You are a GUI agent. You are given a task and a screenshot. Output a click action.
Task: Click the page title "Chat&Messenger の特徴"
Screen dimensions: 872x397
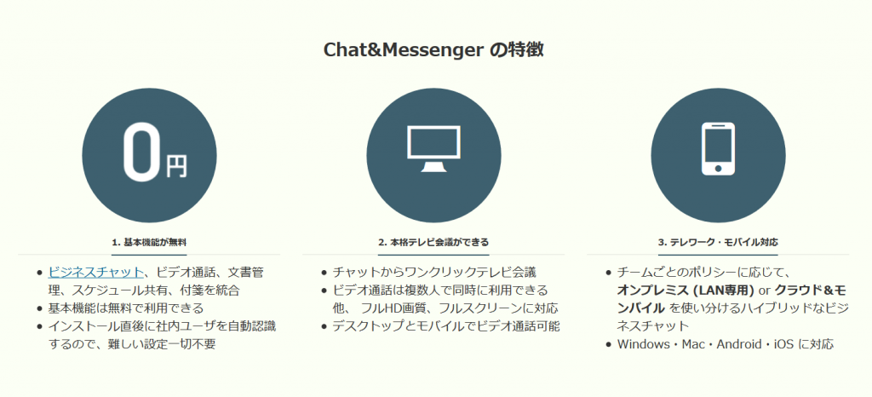(x=433, y=50)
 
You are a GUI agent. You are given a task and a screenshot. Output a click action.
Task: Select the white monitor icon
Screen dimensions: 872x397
(x=433, y=149)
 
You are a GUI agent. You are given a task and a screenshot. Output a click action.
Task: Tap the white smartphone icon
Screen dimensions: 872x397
(x=718, y=149)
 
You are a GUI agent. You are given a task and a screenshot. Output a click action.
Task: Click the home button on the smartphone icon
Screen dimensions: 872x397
(x=718, y=167)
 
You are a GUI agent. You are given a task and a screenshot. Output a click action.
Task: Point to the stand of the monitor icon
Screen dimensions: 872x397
(x=433, y=166)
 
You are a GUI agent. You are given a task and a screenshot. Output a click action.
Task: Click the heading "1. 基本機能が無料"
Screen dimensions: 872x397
(x=148, y=243)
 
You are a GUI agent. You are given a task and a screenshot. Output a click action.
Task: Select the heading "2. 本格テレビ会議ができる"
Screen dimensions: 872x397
(x=433, y=243)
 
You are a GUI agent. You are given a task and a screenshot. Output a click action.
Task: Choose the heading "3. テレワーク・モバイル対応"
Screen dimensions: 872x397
(x=718, y=243)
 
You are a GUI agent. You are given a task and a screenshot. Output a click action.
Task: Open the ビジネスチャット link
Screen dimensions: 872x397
(x=95, y=273)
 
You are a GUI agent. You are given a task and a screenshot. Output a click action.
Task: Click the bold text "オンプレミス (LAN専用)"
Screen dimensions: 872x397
(x=686, y=291)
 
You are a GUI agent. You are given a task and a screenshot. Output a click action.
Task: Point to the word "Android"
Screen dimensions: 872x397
(x=738, y=344)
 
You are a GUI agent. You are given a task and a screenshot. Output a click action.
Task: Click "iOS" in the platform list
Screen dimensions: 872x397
(x=784, y=344)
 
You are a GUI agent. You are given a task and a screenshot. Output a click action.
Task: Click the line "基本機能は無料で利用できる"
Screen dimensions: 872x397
(x=126, y=308)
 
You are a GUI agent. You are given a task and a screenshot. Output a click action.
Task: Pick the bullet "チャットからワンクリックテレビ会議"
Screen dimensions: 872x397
(x=434, y=273)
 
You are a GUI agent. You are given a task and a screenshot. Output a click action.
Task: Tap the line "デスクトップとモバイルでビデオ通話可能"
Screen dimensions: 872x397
(x=446, y=325)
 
